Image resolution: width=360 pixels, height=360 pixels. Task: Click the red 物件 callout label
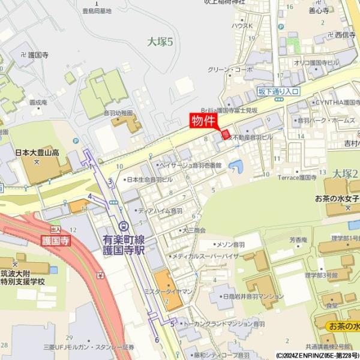(x=203, y=121)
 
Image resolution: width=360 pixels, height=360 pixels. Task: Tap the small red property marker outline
(x=226, y=134)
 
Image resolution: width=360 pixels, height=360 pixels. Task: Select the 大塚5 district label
(x=160, y=41)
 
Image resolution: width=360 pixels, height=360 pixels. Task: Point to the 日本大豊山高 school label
(x=37, y=153)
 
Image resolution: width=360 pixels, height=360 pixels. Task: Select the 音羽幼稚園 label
(x=118, y=113)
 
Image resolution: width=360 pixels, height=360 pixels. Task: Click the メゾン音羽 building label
(x=230, y=245)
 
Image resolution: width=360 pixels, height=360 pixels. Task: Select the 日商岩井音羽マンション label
(x=252, y=296)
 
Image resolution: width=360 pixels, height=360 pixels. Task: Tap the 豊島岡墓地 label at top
(x=100, y=10)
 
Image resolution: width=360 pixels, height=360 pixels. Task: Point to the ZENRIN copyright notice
(x=317, y=355)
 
